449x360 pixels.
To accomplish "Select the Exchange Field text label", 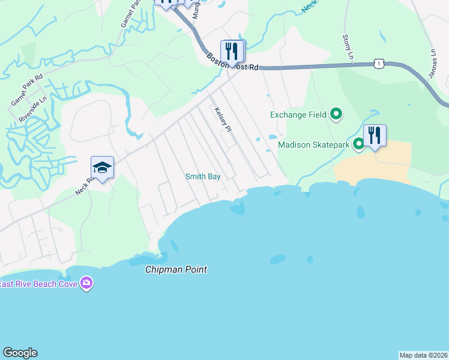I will coord(298,115).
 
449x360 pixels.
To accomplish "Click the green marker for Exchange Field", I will coord(336,113).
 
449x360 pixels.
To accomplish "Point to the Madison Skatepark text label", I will coord(314,144).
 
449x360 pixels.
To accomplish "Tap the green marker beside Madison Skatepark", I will coord(358,143).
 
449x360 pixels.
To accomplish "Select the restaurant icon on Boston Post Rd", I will coord(232,51).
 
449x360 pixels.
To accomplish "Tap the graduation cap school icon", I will coord(103,168).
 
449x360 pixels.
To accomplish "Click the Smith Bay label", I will coord(202,176).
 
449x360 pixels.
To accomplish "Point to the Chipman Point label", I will coord(176,270).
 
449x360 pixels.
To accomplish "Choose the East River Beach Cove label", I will coord(39,284).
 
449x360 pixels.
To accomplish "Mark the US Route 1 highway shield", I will coord(378,62).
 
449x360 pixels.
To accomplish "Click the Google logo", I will coord(20,353).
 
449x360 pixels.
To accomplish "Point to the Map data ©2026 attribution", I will coord(424,355).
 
